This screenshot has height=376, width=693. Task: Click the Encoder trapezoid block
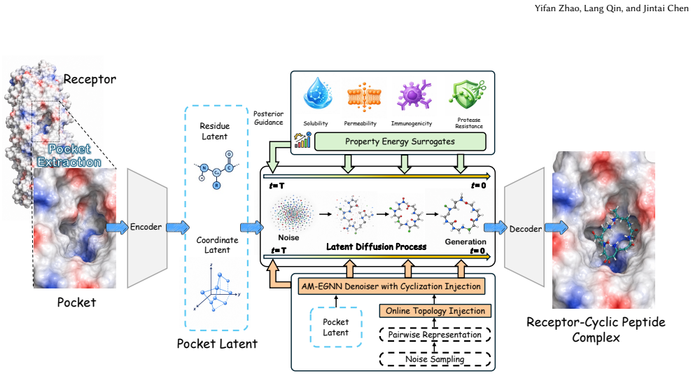coord(147,228)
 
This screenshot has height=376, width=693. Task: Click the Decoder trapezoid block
coord(524,228)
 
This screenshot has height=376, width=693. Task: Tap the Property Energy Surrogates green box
coord(400,142)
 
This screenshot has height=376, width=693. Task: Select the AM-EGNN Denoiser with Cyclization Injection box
coord(391,286)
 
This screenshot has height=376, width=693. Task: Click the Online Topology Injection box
coord(435,311)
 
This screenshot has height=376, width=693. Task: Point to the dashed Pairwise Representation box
coord(435,335)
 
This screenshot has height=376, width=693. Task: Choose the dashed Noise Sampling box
coord(435,359)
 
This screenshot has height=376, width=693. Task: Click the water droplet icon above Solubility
coord(317,94)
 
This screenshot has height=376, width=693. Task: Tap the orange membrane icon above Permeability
coord(363,96)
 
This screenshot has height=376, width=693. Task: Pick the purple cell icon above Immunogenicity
coord(413,95)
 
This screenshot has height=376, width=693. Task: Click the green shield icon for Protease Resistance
coord(467,95)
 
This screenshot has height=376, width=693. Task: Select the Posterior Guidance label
coord(268,118)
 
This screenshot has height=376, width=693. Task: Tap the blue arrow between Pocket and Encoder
coord(117,228)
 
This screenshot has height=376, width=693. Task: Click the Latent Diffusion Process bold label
coord(376,247)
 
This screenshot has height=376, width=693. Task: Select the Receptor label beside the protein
coord(90,80)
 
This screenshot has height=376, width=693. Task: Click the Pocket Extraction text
coord(69,155)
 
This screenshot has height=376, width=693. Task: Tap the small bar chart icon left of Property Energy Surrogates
coord(302,140)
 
